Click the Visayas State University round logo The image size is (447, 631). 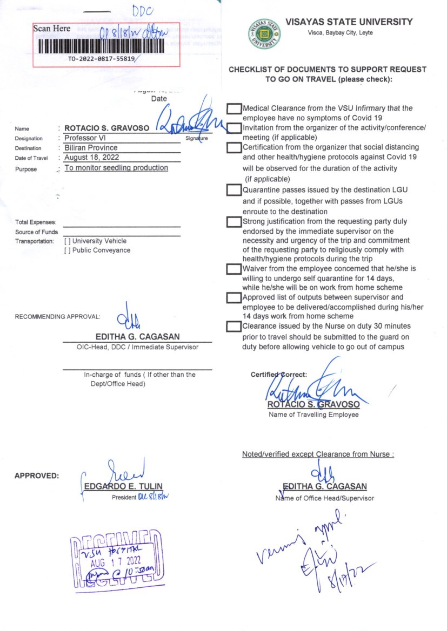(x=264, y=33)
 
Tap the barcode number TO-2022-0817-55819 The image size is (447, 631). (x=101, y=58)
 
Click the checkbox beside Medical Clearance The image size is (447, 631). (x=233, y=109)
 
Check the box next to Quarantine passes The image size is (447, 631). (x=233, y=190)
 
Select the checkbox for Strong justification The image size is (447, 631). (x=233, y=222)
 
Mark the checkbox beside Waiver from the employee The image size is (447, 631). (x=233, y=269)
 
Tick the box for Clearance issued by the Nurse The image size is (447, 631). (x=233, y=326)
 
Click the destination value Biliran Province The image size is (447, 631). (x=91, y=148)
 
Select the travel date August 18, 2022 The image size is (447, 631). (x=91, y=158)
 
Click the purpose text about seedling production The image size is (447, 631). (x=116, y=168)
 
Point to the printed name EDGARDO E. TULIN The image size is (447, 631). (x=123, y=486)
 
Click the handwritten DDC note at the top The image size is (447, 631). (x=143, y=11)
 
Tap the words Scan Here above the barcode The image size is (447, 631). (x=52, y=29)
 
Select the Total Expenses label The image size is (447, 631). (x=36, y=222)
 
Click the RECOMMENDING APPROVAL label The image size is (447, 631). (x=57, y=316)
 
